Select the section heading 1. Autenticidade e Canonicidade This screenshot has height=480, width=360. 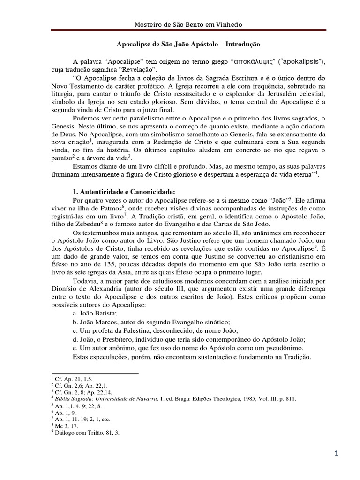122,191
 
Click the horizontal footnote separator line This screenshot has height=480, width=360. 94,373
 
